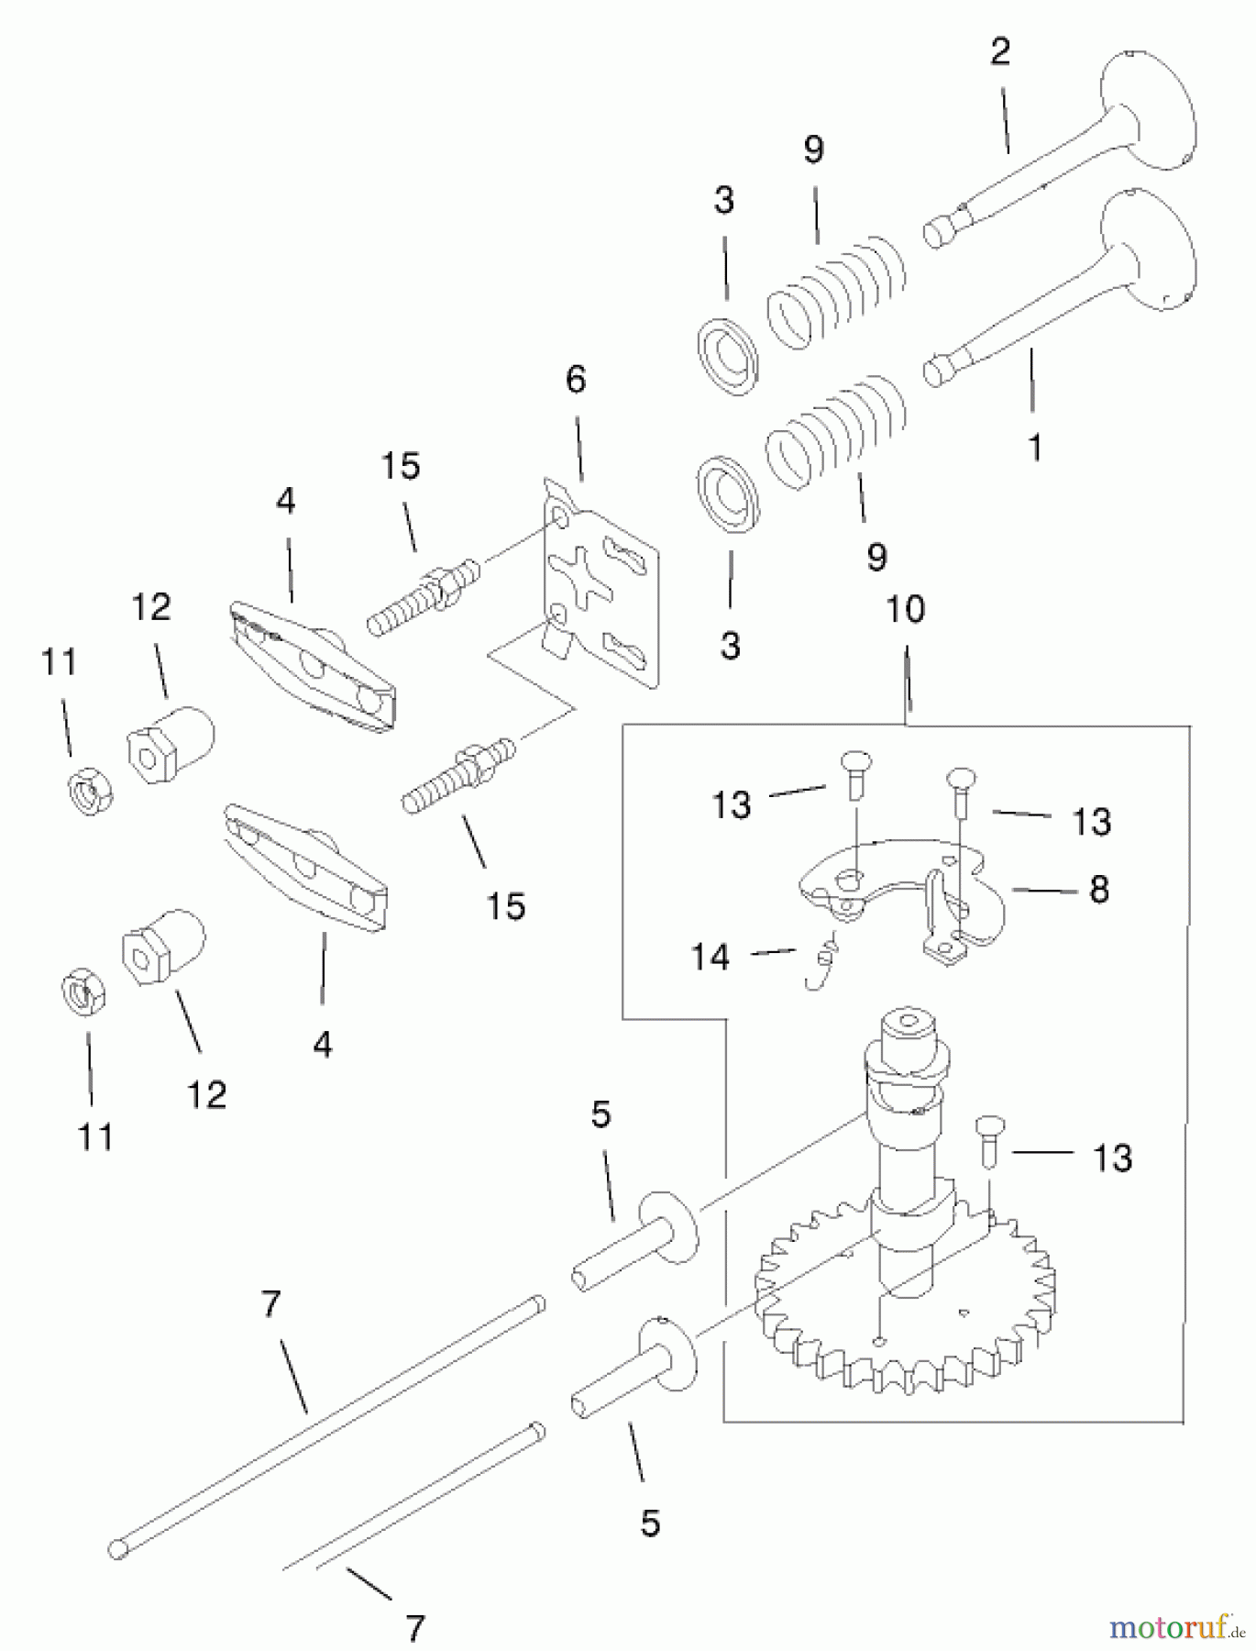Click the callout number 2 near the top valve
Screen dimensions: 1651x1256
point(999,51)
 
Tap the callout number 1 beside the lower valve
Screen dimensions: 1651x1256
point(1034,448)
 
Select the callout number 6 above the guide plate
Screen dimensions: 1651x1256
point(575,379)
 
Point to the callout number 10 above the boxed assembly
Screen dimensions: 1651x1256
point(905,610)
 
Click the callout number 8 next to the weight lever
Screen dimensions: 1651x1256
point(1098,889)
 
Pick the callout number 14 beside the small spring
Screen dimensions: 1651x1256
point(711,957)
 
